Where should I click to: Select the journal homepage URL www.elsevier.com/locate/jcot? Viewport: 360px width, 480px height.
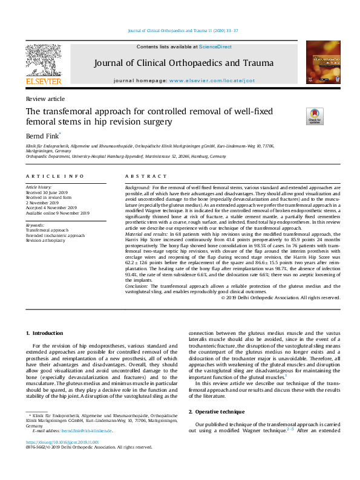(212, 80)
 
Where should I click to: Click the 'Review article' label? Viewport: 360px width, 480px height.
(45, 99)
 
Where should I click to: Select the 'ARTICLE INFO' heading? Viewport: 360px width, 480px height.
(54, 176)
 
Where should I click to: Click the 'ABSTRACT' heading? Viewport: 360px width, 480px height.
(146, 176)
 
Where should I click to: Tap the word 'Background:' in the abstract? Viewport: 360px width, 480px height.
(138, 188)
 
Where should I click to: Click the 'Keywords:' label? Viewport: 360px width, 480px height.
(35, 225)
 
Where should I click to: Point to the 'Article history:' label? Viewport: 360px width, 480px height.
(39, 188)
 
